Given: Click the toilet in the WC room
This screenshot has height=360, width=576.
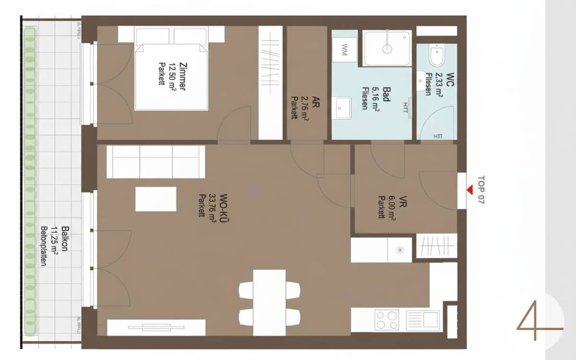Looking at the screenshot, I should pos(437,56).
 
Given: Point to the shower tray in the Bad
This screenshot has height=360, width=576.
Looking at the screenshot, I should pos(387,48).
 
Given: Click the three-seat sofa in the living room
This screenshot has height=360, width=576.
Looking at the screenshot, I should pos(156,162).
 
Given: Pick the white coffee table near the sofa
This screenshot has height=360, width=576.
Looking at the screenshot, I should pos(156,199).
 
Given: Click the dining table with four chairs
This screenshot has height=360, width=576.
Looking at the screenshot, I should pos(269,302).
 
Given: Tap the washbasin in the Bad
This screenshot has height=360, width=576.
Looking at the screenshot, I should pos(343,108).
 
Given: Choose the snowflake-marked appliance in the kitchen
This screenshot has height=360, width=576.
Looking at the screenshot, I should pos(399,250).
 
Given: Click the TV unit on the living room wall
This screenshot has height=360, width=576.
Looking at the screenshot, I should pos(156,327).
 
